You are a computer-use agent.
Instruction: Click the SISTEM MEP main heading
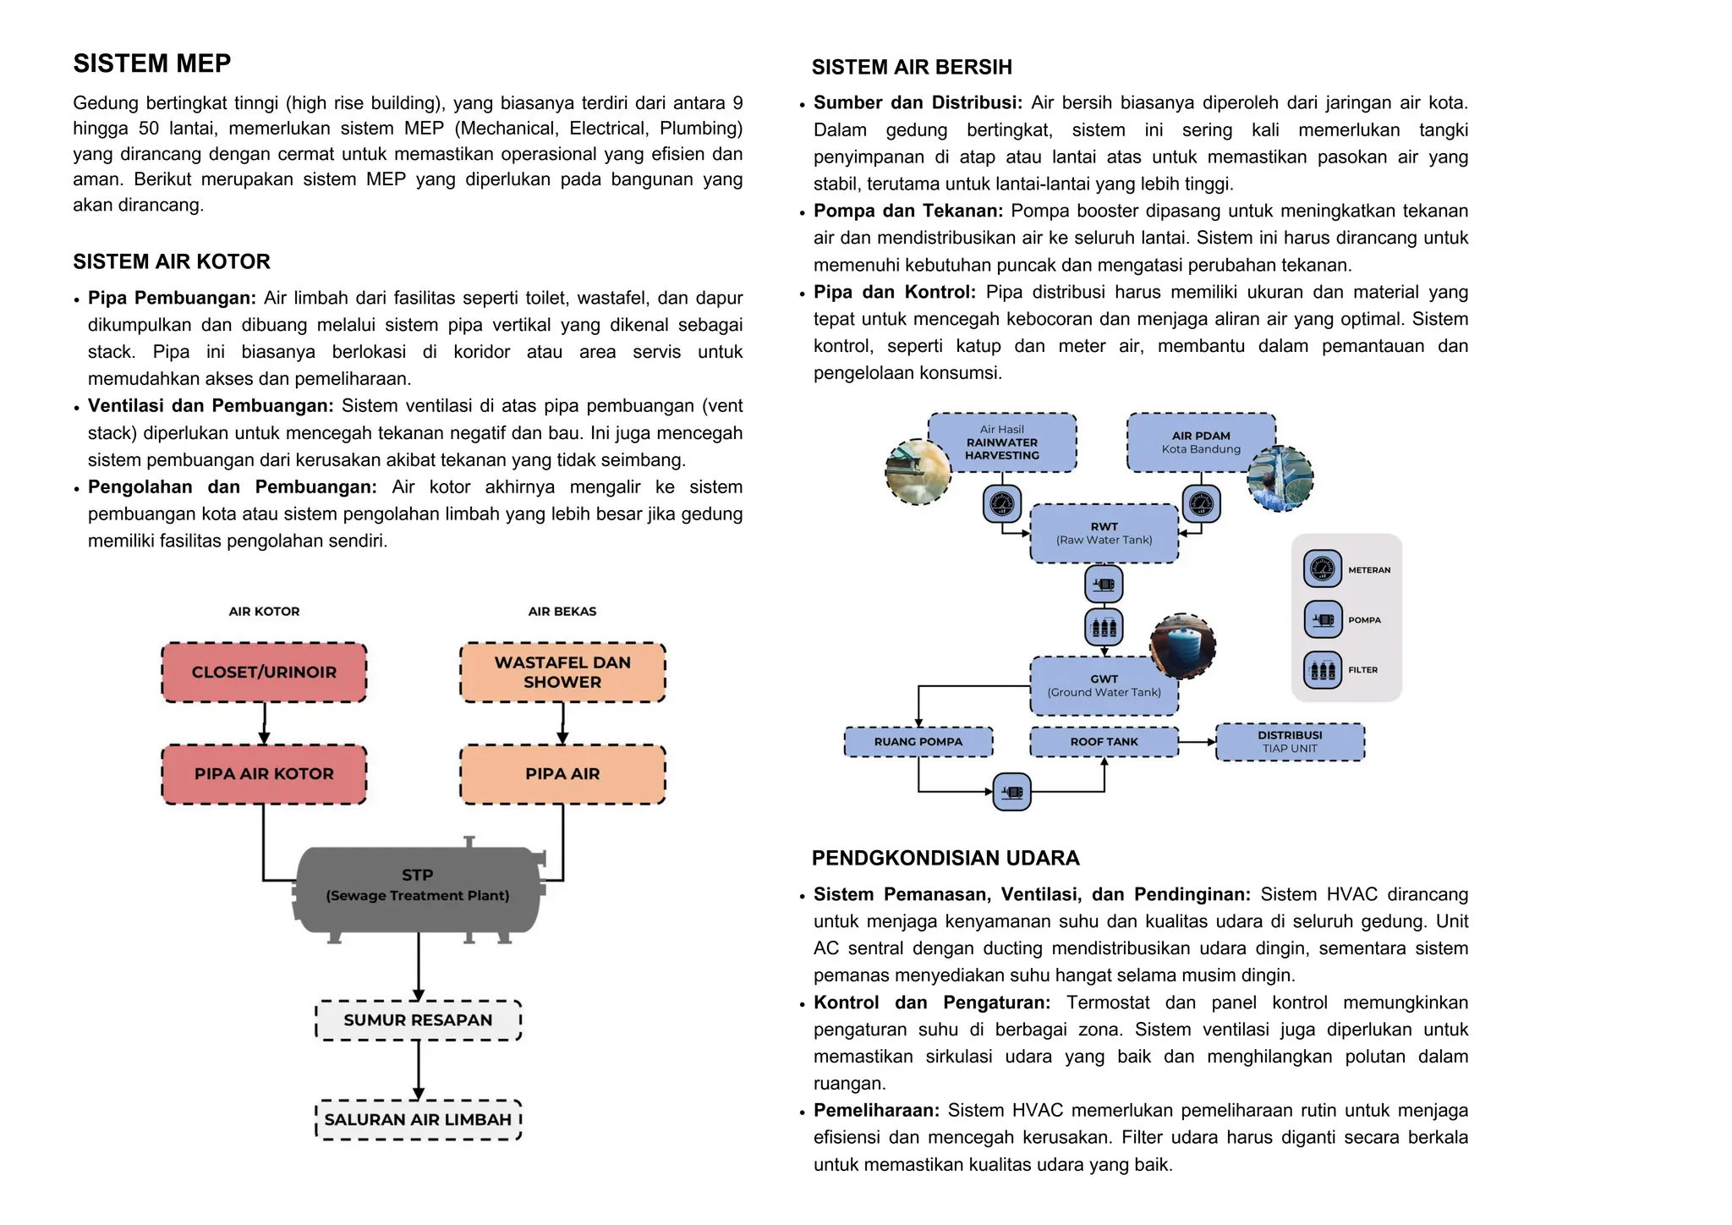tap(152, 63)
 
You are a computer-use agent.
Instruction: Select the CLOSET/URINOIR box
tap(264, 673)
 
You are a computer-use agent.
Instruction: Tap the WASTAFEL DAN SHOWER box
tap(562, 673)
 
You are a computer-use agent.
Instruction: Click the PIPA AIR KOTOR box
tap(264, 774)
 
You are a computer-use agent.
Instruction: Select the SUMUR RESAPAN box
tap(418, 1020)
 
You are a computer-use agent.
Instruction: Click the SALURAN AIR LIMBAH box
tap(418, 1120)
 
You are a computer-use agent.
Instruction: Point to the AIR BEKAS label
tap(562, 612)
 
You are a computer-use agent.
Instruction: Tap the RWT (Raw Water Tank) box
tap(1104, 533)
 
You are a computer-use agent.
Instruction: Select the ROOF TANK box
tap(1104, 742)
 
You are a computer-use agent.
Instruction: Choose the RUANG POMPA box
tap(918, 742)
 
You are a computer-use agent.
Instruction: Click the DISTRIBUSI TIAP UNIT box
tap(1290, 742)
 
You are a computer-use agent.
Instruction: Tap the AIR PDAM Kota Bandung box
tap(1201, 442)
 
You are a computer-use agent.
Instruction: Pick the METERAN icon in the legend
tap(1323, 569)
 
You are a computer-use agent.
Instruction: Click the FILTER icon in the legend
tap(1323, 670)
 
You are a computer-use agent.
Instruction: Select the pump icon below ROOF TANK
tap(1011, 793)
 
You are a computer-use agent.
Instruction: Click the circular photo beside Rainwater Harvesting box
tap(918, 472)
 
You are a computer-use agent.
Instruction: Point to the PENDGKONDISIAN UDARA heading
tap(945, 858)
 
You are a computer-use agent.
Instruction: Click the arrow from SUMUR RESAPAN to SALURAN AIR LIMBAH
tap(418, 1070)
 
